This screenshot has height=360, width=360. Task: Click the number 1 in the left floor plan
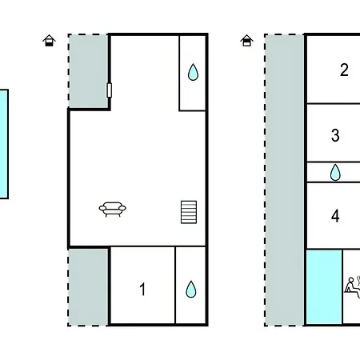coord(142,289)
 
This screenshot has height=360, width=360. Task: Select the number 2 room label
coord(344,70)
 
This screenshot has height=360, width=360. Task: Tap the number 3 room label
coord(335,135)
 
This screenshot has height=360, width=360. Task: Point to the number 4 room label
coord(335,216)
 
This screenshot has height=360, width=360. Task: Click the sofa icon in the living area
coord(113,210)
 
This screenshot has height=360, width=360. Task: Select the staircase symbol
coord(189,212)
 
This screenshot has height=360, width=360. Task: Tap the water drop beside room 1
coord(191,289)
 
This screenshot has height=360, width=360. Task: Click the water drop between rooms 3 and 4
coord(335,172)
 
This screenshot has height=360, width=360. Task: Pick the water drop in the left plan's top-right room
coord(193,72)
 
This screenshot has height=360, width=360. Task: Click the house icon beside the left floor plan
coord(50,41)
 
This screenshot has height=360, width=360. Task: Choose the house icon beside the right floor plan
coord(246,41)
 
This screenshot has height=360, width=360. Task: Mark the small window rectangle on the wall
coord(109,90)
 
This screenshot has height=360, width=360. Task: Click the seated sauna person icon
coord(353,287)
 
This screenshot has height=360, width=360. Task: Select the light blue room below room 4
coord(324,287)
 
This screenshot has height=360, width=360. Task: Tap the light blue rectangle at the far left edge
coord(4,144)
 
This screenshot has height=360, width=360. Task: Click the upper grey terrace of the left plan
coord(88,71)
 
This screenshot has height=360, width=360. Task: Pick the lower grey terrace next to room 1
coord(88,287)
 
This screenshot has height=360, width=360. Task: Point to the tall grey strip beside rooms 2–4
coord(285,180)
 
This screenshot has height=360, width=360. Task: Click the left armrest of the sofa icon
coord(102,208)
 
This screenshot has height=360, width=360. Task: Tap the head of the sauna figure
coord(351,280)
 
